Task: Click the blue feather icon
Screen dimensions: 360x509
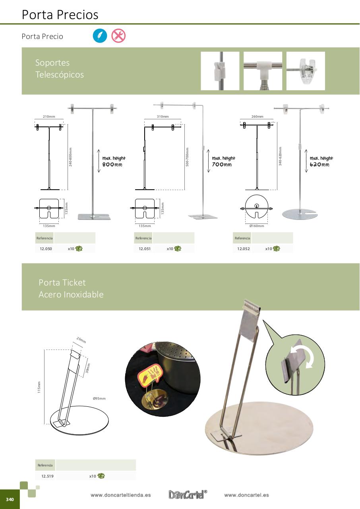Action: [100, 36]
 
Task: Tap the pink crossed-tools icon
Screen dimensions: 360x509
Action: [118, 36]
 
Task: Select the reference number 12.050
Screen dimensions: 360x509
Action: [46, 249]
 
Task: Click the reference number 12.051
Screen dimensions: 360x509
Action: [145, 249]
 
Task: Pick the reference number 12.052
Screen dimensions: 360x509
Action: [244, 249]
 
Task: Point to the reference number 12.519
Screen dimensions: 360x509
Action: [47, 476]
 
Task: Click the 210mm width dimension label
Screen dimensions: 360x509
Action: [49, 117]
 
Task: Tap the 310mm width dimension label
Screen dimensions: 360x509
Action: [163, 117]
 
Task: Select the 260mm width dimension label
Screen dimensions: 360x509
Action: [257, 117]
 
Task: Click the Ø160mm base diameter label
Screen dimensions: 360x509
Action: [257, 226]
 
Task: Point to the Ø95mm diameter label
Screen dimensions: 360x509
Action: [99, 398]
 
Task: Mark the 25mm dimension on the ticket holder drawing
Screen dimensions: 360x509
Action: [81, 340]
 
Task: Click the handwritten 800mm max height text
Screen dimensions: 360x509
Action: [112, 164]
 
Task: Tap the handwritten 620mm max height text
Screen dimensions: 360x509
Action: [319, 164]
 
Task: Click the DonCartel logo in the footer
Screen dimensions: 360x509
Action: [188, 494]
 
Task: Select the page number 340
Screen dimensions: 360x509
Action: [10, 499]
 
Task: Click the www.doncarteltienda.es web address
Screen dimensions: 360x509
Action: [120, 495]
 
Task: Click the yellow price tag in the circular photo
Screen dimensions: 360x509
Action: [149, 375]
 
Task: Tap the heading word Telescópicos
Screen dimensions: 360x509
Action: [60, 75]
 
